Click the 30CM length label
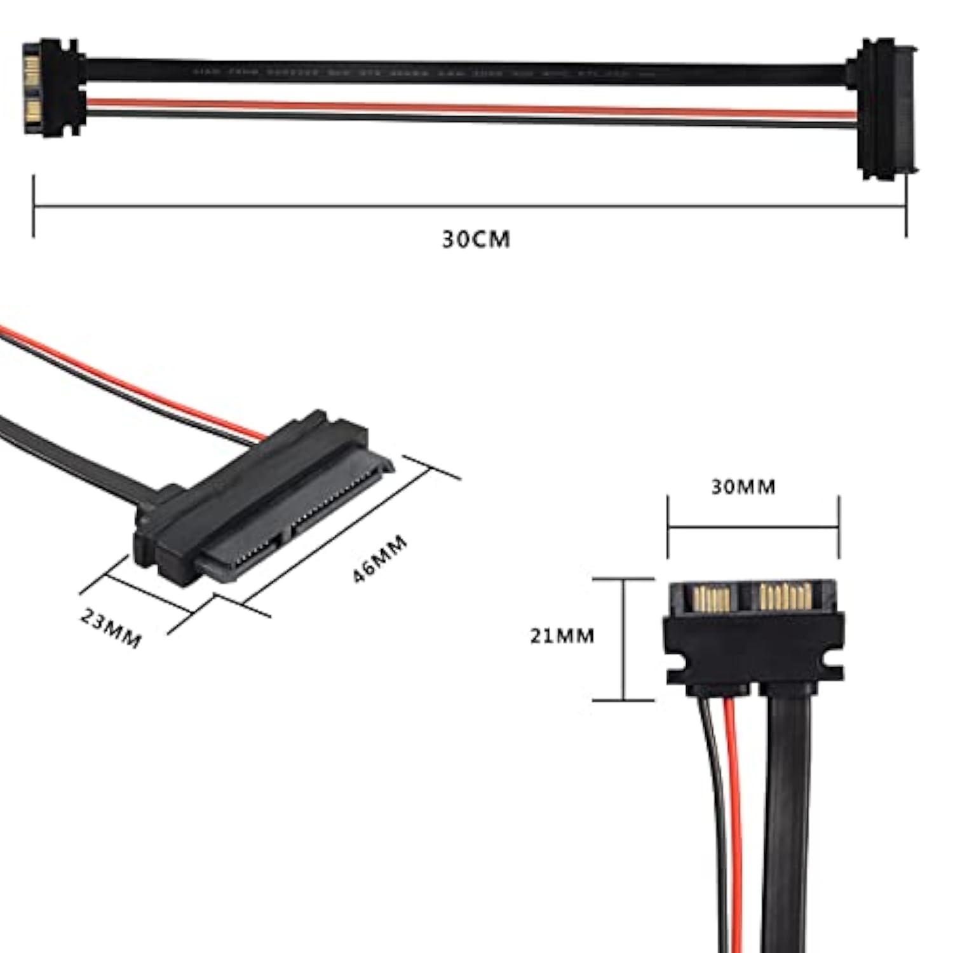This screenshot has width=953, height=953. coord(476,240)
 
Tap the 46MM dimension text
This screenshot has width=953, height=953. coord(380,559)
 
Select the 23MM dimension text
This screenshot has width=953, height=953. coord(111,628)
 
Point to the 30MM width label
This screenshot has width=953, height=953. coord(743,487)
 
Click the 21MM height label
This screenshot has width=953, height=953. coord(562,635)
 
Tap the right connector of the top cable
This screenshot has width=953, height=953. coord(883,108)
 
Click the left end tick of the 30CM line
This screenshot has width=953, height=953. coord(34,206)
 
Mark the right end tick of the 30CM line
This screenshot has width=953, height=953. coord(906,206)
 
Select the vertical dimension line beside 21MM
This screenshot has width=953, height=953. coord(623,639)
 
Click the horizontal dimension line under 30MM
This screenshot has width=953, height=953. coord(753,527)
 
